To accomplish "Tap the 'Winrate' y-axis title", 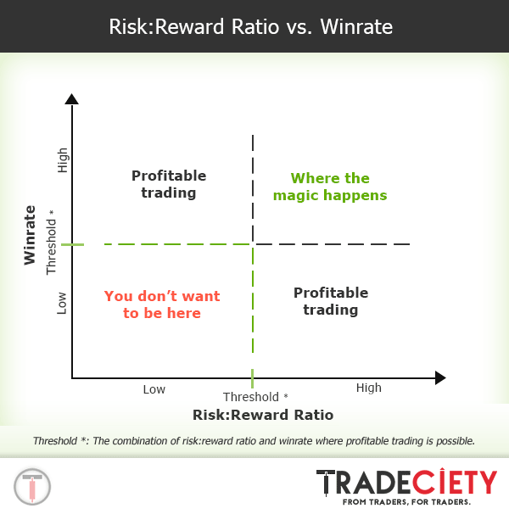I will [31, 235].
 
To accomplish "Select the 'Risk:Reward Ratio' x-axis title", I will [263, 415].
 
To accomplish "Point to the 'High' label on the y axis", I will [62, 160].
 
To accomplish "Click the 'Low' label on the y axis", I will [62, 303].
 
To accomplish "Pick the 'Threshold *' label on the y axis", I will [52, 242].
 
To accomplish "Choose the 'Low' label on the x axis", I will [154, 389].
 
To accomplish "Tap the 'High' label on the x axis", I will [369, 388].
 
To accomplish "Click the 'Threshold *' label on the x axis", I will [255, 397].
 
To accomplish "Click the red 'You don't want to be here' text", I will [162, 304].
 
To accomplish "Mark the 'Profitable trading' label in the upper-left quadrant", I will [169, 184].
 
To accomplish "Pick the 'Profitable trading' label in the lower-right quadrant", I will [331, 301].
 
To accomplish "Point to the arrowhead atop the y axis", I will [72, 99].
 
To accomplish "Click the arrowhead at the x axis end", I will [439, 377].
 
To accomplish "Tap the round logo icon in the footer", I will [32, 486].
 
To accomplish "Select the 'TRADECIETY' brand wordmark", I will [406, 482].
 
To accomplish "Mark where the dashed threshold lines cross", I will [253, 244].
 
